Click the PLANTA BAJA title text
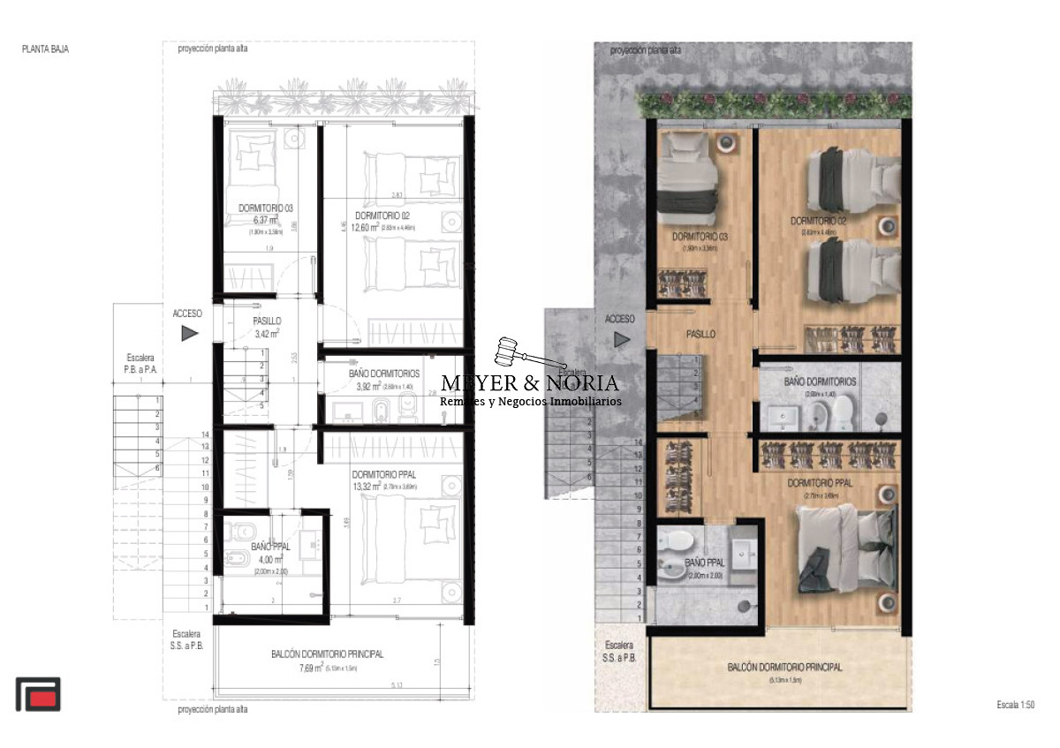(x=45, y=49)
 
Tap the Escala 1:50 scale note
(x=1014, y=705)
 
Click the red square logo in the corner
(x=38, y=694)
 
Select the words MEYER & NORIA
(x=530, y=383)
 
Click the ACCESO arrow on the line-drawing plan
(x=189, y=333)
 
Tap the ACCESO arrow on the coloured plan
(x=622, y=338)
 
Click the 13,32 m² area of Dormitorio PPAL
(x=365, y=486)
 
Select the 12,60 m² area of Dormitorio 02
(x=370, y=228)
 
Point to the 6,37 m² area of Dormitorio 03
(x=263, y=221)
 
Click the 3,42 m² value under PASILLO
(x=266, y=334)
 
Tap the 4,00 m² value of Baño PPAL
(x=267, y=560)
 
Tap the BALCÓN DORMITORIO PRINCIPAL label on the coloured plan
(x=784, y=668)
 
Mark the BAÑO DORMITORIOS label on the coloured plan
(x=820, y=382)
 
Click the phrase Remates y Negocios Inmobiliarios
(x=530, y=402)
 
